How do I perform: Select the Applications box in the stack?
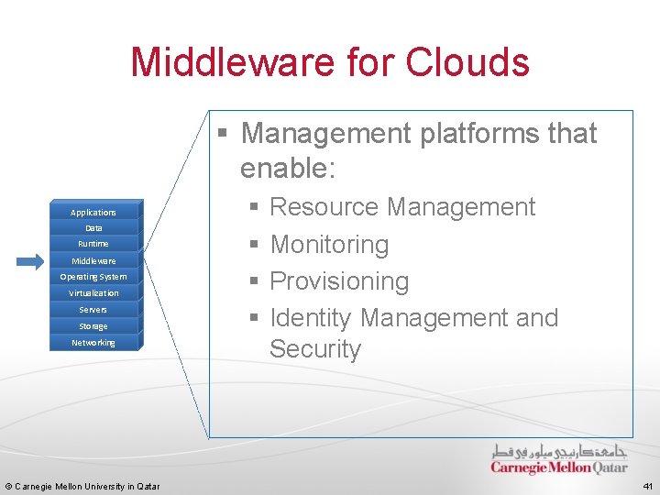[x=93, y=212]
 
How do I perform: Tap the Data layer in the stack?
[x=93, y=228]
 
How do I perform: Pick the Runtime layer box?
[x=93, y=244]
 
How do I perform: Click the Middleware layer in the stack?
[x=93, y=260]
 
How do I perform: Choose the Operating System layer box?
[x=93, y=277]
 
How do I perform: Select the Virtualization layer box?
[x=93, y=293]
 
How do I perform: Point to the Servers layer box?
[x=93, y=310]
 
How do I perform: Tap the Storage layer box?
[x=93, y=326]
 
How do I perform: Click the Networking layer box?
[x=93, y=343]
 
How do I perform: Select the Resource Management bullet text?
[x=402, y=207]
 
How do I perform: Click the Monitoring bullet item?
[x=329, y=245]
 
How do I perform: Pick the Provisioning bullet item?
[x=339, y=280]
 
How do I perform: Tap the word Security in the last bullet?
[x=315, y=349]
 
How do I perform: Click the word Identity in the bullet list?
[x=311, y=318]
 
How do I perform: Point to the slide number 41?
[x=646, y=486]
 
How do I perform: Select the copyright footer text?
[x=82, y=486]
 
